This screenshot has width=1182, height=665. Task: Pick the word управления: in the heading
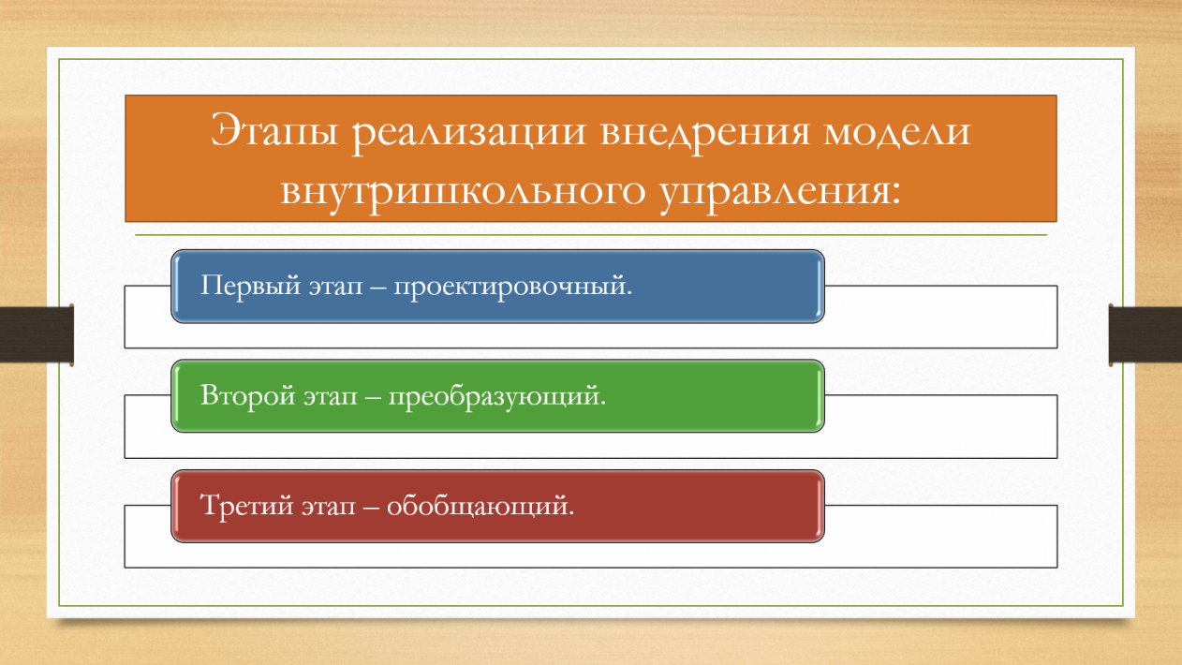[x=780, y=194]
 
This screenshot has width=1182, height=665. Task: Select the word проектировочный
[x=513, y=288]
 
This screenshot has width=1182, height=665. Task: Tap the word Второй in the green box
[x=247, y=396]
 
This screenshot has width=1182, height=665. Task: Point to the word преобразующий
[x=497, y=397]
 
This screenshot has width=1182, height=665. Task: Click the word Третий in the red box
[x=247, y=506]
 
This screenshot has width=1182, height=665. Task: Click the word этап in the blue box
[x=336, y=288]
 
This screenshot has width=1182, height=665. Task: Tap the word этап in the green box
[x=331, y=398]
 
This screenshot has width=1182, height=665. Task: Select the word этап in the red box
[x=329, y=508]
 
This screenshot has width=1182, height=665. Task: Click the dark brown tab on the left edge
[x=37, y=334]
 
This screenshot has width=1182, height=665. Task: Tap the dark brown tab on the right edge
[x=1145, y=334]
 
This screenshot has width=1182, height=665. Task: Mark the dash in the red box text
[x=372, y=508]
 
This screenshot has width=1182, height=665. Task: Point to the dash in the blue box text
[x=378, y=288]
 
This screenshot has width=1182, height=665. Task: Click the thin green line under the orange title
[x=591, y=235]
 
